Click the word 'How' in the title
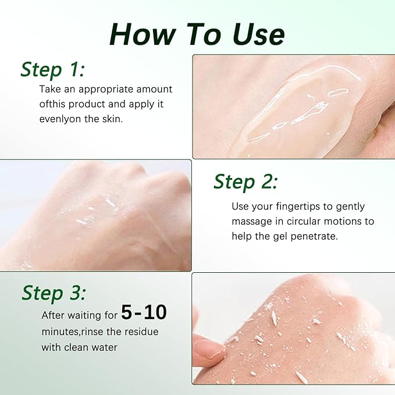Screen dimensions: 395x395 [143, 34]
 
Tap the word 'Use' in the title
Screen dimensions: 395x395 [258, 34]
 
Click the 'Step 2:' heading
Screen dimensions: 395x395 [245, 182]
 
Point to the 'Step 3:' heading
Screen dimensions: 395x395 [54, 293]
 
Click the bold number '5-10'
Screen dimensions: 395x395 [144, 312]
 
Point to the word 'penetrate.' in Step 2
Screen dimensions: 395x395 [314, 237]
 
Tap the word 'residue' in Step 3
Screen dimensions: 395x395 [142, 332]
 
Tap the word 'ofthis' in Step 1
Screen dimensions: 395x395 [52, 104]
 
